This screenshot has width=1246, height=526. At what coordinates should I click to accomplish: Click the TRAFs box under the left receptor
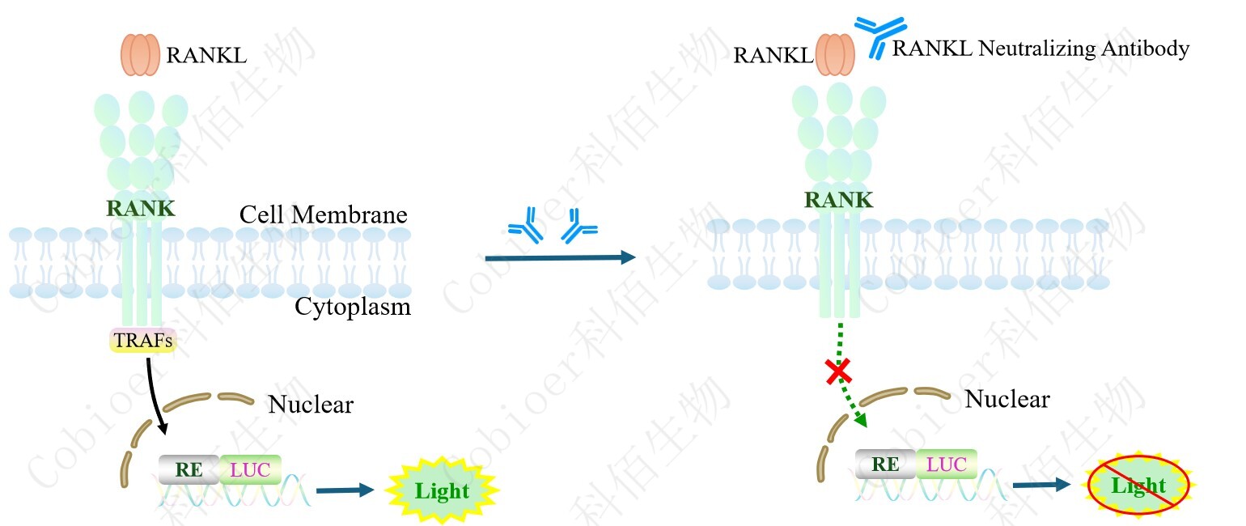[x=143, y=341]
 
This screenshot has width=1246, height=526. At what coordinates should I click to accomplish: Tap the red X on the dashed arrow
[x=837, y=372]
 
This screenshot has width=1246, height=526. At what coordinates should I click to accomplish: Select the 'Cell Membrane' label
[x=323, y=214]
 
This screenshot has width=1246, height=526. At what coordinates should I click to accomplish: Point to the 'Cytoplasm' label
[x=352, y=307]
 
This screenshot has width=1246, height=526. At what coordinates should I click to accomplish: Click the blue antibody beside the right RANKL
[x=873, y=36]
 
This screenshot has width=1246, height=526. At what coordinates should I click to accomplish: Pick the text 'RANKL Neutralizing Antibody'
[x=1040, y=49]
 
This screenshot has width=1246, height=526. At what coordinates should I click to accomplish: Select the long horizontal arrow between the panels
[x=558, y=258]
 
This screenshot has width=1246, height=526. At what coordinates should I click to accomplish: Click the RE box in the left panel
[x=189, y=468]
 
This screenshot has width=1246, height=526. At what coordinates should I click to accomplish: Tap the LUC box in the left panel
[x=250, y=468]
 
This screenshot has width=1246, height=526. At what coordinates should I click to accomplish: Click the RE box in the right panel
[x=885, y=464]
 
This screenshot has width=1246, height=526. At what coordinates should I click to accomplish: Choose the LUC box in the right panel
[x=947, y=464]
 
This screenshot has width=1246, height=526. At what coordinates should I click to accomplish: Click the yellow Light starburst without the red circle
[x=442, y=490]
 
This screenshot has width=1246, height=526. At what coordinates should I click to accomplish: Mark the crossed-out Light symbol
[x=1138, y=486]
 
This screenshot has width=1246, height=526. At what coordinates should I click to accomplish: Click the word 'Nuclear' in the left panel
[x=311, y=404]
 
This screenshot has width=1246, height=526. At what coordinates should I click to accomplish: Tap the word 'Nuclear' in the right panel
[x=1007, y=399]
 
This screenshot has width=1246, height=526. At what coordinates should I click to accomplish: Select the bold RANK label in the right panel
[x=839, y=199]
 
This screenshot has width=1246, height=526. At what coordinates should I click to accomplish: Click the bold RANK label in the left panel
[x=140, y=208]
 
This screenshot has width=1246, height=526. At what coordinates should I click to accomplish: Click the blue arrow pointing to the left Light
[x=345, y=490]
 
